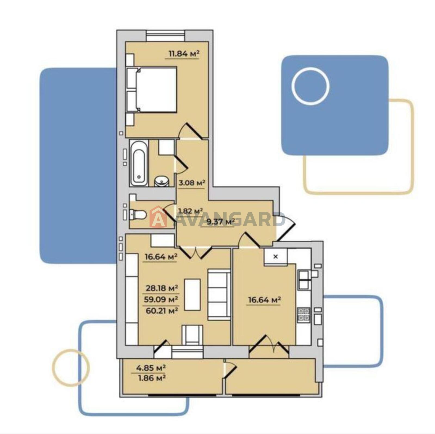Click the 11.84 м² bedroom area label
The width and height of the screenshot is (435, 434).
point(184,54)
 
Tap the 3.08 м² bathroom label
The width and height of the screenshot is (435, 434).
point(192,182)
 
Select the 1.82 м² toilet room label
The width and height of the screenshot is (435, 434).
point(190,211)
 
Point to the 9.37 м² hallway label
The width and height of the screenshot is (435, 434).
point(220,222)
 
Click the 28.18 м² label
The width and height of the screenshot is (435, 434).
point(162,288)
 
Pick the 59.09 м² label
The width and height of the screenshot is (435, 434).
point(162,299)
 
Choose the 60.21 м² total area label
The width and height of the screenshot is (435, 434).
point(162,310)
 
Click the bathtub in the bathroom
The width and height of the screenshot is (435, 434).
point(139,163)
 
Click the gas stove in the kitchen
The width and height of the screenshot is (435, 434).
point(303,315)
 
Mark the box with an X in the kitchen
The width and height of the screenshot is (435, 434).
point(275,256)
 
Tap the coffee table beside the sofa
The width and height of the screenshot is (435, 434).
point(192,294)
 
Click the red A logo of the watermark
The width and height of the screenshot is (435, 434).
point(158,217)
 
